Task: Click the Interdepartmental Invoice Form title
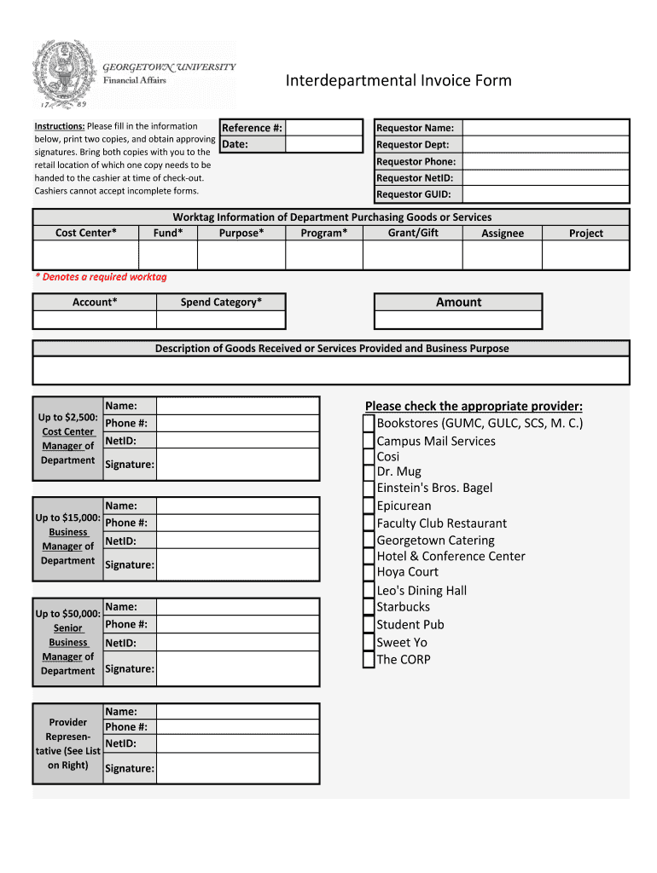coord(398,81)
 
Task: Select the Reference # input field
coord(323,128)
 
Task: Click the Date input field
coord(323,144)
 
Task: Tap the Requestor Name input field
coord(545,128)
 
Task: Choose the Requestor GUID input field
coord(545,194)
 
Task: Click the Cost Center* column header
coord(85,233)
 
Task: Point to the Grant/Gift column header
coord(412,233)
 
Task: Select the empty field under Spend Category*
coord(220,321)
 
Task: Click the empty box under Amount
coord(458,321)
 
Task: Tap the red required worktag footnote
coord(101,277)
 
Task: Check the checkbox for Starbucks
coord(368,608)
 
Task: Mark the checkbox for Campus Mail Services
coord(368,442)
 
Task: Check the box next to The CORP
coord(368,660)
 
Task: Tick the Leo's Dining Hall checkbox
coord(368,591)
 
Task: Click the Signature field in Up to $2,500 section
coord(237,465)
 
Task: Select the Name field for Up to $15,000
coord(237,506)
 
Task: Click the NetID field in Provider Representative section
coord(237,743)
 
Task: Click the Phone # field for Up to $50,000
coord(237,625)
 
